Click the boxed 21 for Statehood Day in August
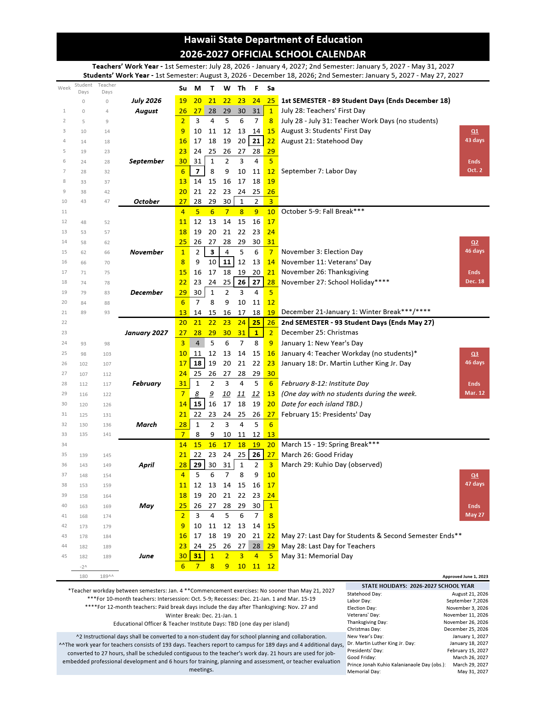(x=256, y=141)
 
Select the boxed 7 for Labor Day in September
(x=197, y=171)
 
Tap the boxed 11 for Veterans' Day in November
(x=227, y=262)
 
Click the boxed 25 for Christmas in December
(x=256, y=323)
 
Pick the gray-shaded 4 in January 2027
(x=197, y=343)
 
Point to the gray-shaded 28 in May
(x=256, y=546)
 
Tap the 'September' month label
(x=146, y=161)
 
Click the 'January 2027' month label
(x=146, y=333)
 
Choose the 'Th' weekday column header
(x=242, y=88)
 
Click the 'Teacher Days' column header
(x=107, y=88)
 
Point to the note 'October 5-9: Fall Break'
(x=323, y=212)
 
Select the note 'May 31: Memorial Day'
(x=317, y=556)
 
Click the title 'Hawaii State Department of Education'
(x=273, y=40)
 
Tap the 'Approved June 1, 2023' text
(x=465, y=577)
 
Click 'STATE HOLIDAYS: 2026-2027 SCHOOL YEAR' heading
(x=418, y=586)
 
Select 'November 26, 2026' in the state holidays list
(x=465, y=622)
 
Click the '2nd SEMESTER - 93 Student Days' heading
(x=357, y=323)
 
